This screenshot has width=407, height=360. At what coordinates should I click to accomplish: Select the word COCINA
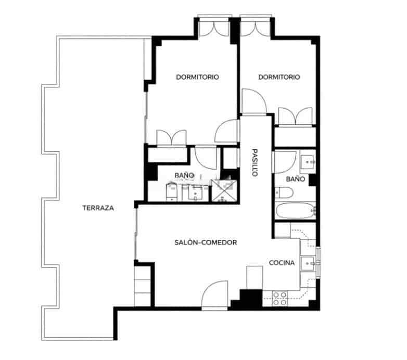282,263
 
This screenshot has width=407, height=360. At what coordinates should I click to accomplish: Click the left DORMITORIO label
197,77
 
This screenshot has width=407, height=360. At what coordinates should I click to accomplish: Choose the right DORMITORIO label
279,77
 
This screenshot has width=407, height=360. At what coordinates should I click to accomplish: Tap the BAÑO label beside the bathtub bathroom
295,178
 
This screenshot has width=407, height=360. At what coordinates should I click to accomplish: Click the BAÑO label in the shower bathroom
184,176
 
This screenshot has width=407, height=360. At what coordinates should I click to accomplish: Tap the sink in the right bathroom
308,162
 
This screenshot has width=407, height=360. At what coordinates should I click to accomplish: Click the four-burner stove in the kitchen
280,298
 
